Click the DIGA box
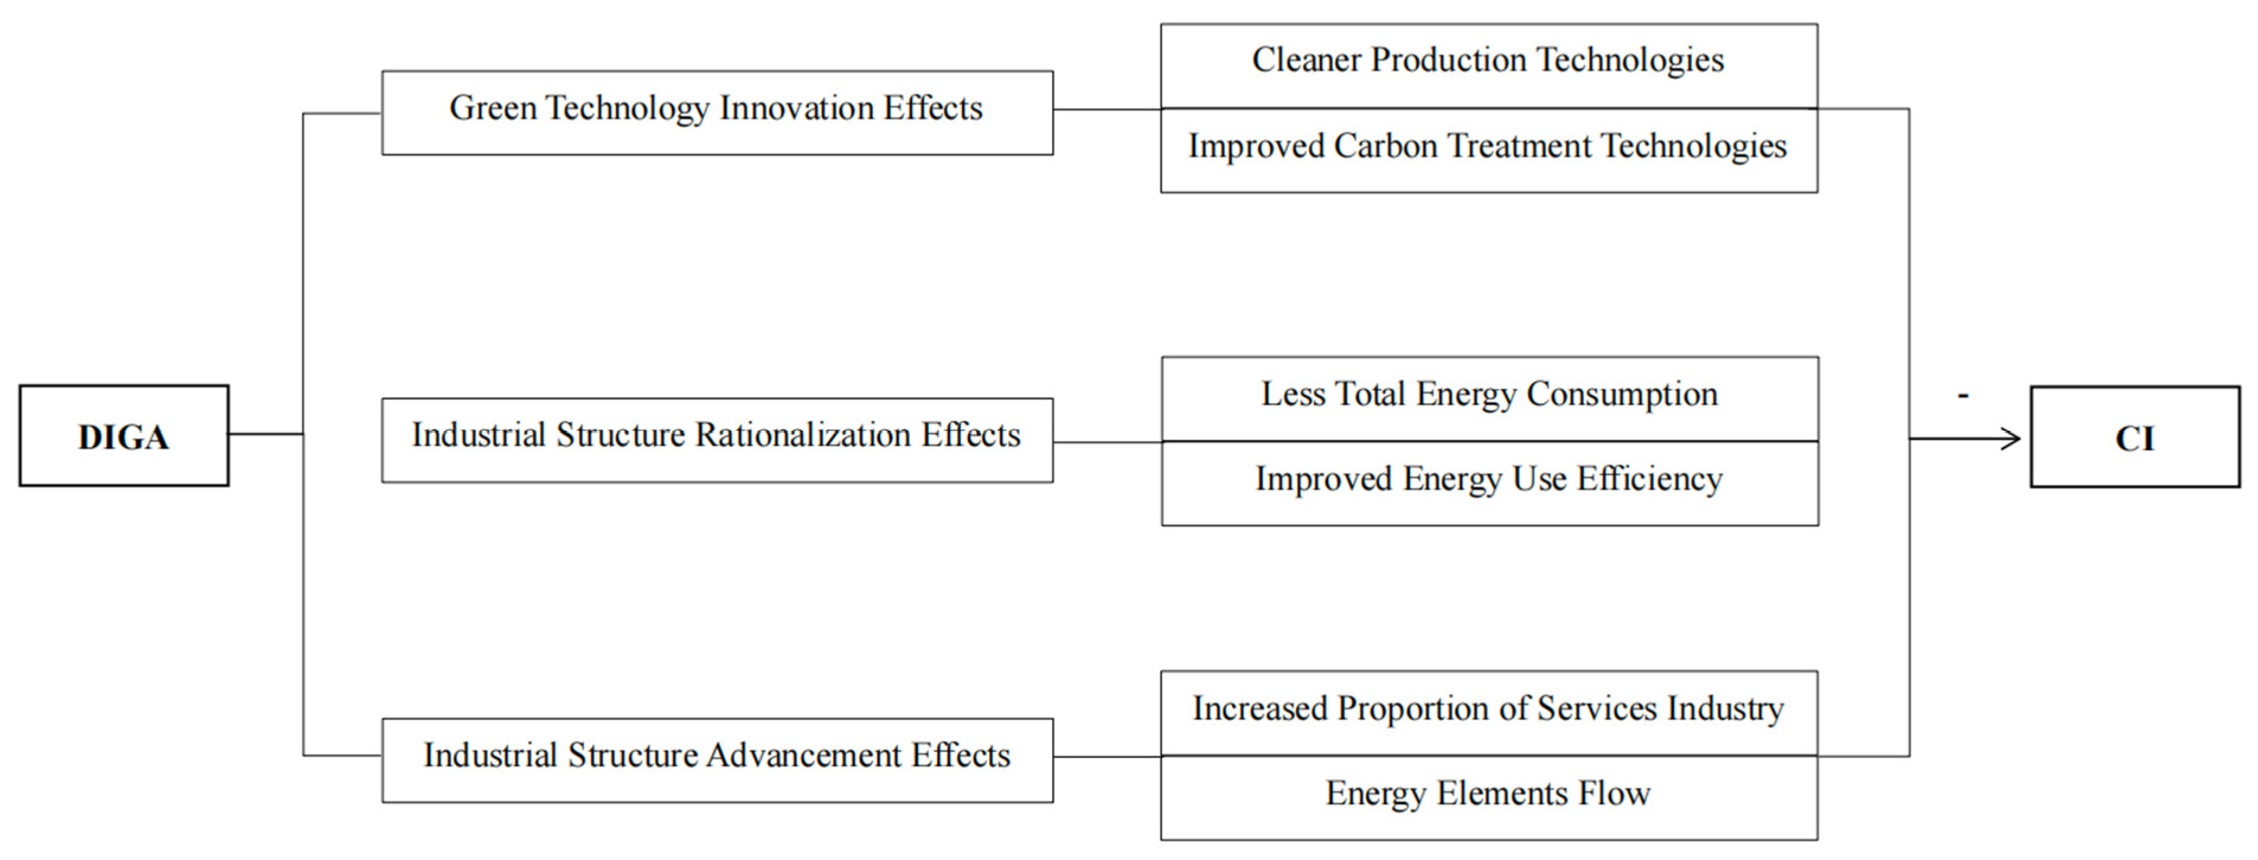coord(124,436)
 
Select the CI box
coord(2134,437)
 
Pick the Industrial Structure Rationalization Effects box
coord(717,440)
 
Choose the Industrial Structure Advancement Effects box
coord(717,760)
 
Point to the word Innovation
coord(796,108)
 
